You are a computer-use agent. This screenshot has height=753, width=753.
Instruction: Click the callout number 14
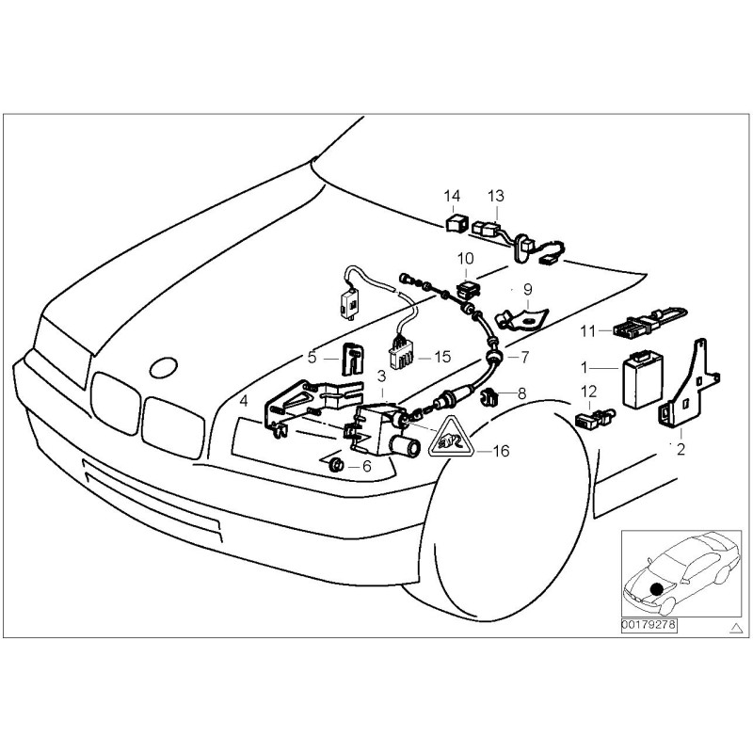[x=452, y=197]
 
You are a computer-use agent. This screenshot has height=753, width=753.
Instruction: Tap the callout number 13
[x=496, y=197]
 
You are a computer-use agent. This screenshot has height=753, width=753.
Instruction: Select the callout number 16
[x=501, y=452]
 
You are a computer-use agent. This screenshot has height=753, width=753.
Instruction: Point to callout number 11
[x=587, y=331]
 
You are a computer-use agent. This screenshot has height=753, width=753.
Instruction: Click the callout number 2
[x=681, y=450]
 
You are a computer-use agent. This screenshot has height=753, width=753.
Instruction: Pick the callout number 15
[x=442, y=358]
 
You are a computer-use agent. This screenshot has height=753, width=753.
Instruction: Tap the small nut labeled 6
[x=334, y=466]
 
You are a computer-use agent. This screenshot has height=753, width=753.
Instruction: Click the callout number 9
[x=527, y=288]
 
